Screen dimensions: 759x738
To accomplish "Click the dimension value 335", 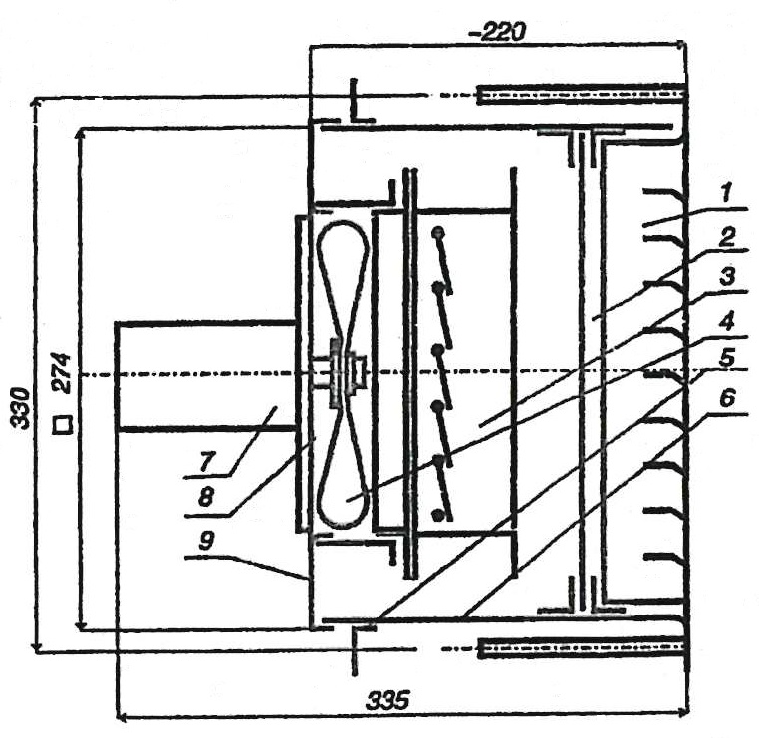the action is pos(387,700).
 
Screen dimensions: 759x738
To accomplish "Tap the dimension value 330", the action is pos(21,409).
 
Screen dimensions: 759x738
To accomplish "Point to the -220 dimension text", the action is pos(495,33).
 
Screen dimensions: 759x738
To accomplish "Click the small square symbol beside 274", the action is pos(63,425).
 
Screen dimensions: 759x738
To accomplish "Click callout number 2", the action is pos(726,237).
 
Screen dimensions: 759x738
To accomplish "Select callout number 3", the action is pos(726,277).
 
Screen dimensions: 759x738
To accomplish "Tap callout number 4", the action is pos(726,321).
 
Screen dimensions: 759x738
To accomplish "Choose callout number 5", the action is pos(726,359).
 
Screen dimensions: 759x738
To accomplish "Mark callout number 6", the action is pos(726,399).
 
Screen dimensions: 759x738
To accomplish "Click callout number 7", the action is pos(206,463).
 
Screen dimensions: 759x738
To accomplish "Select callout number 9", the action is pos(206,541).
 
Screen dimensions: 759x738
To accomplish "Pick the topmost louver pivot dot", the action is pos(438,233).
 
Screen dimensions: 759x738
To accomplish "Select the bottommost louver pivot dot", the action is pos(438,515).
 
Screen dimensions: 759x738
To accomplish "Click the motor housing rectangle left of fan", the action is pos(205,375).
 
